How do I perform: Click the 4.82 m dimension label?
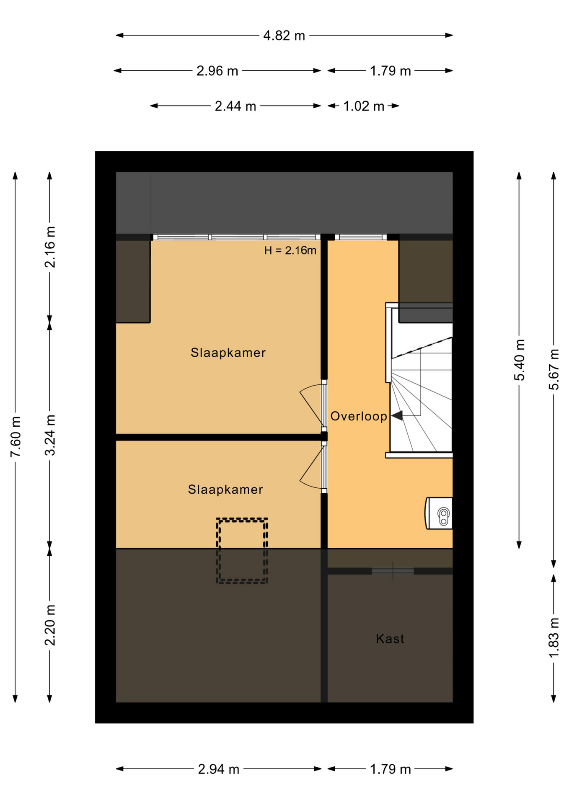[284, 36]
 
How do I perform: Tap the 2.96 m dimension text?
[217, 71]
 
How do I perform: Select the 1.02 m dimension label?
[364, 106]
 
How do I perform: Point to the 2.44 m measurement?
[235, 106]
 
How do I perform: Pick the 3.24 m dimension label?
[50, 435]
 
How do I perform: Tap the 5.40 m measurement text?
[520, 360]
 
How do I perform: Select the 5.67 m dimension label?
[554, 369]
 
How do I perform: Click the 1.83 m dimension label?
[554, 637]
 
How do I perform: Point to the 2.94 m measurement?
[219, 769]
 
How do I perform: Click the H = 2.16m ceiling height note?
[290, 250]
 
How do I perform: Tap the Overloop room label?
[359, 416]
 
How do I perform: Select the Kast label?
[390, 639]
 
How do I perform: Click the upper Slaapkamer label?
[228, 353]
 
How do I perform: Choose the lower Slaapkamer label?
[225, 490]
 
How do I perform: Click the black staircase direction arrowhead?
[397, 415]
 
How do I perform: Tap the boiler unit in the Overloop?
[439, 513]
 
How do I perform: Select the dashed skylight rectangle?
[242, 520]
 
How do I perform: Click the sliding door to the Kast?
[393, 571]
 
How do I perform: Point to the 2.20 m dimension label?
[50, 625]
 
